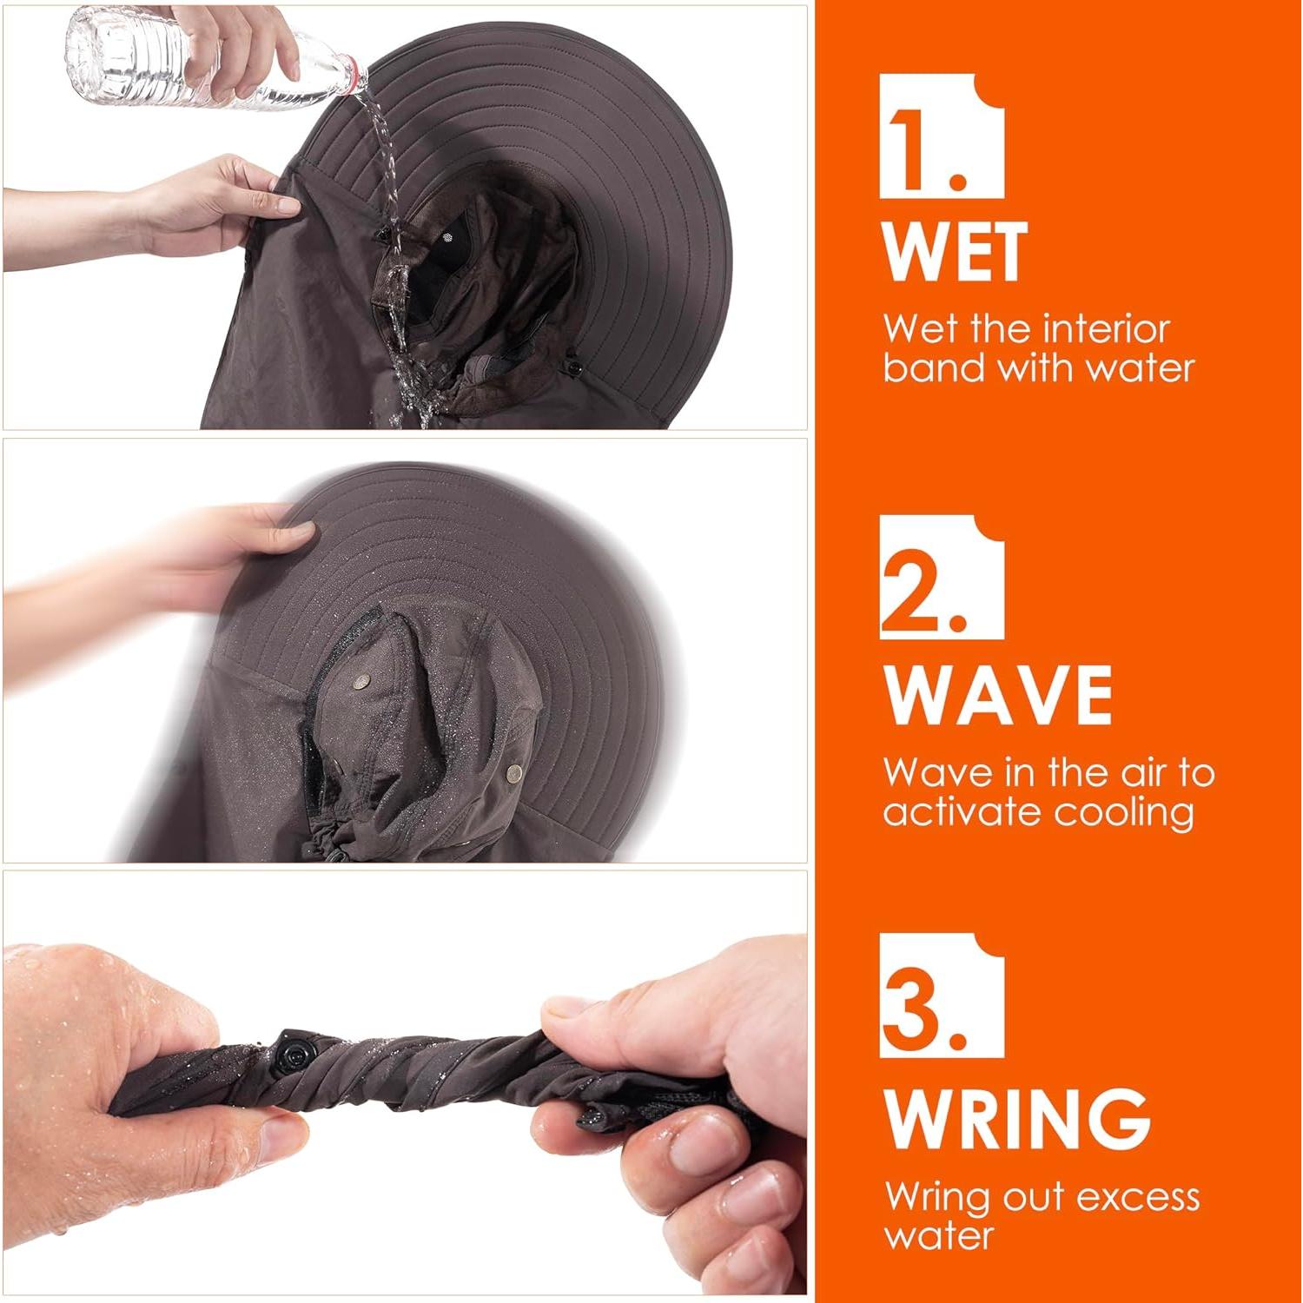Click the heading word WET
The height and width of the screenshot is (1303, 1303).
955,252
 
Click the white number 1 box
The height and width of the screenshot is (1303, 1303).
942,136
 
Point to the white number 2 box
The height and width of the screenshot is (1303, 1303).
942,578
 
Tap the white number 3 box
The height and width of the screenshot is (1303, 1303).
942,995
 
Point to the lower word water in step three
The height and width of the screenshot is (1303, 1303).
938,1235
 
